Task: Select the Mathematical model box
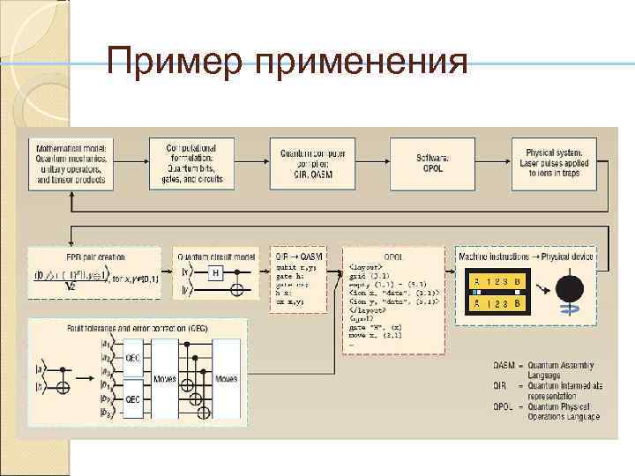(71, 162)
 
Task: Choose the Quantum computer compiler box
(312, 162)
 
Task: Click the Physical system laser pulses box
(555, 162)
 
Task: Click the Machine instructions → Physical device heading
(526, 256)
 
